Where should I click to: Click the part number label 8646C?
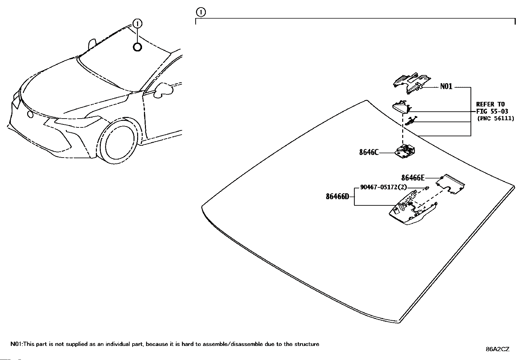coord(369,152)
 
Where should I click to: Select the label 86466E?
coord(413,178)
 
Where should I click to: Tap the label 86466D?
coord(337,197)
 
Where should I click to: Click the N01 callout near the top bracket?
coord(446,86)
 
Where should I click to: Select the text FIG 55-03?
coord(492,111)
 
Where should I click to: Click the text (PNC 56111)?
coord(495,118)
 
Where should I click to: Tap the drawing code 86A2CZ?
coord(497,349)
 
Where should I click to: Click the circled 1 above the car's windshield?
coord(138,24)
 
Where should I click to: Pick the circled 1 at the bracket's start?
coord(201,12)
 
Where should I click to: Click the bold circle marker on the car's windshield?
coord(137,47)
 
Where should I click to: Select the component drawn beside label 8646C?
coord(406,151)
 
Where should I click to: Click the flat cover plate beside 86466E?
coord(451,184)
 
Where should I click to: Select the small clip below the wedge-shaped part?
coord(410,121)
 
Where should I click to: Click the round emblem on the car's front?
coord(30,115)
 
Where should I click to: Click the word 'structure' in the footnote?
coord(307,344)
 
